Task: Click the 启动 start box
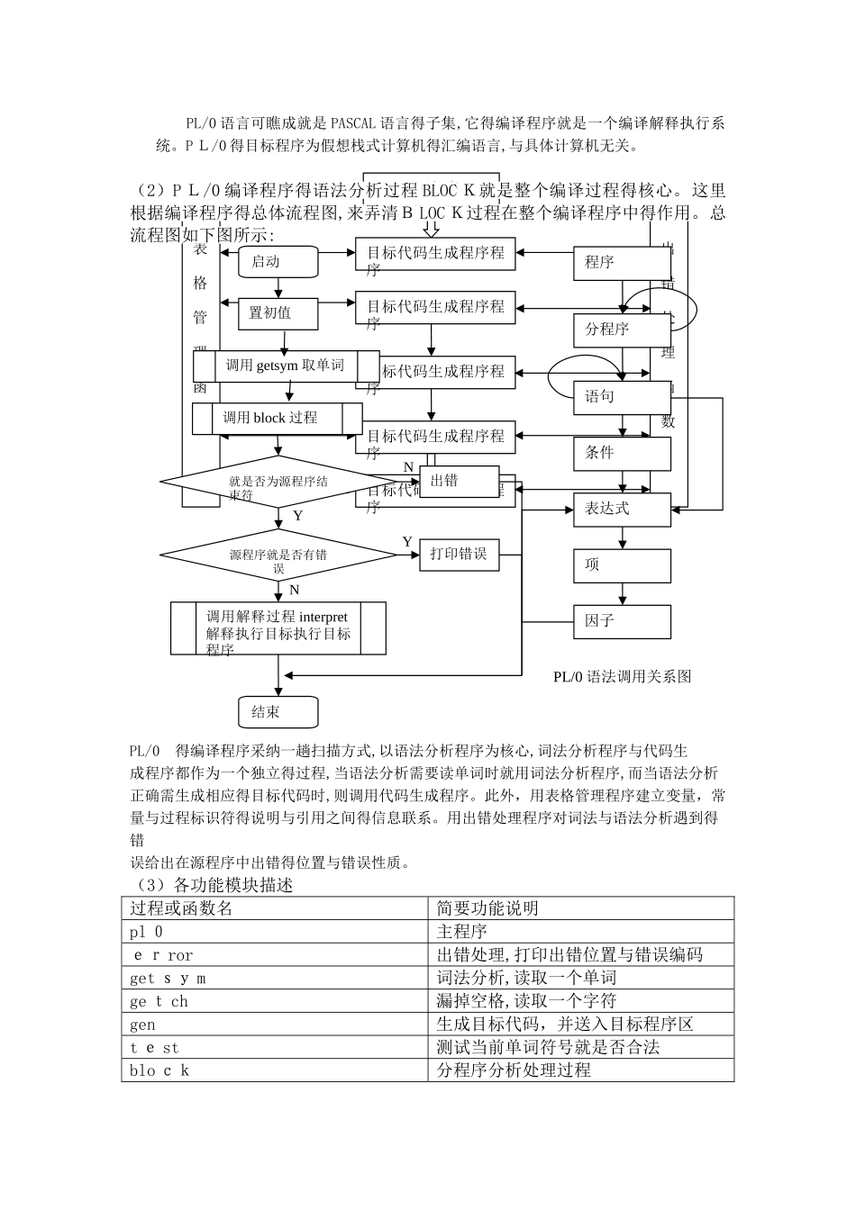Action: [278, 262]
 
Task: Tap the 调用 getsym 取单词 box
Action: [286, 366]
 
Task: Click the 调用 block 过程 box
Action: [278, 419]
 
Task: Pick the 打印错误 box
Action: [458, 555]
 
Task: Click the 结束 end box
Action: [278, 712]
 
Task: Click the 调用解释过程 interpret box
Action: [278, 628]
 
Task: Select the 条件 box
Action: [622, 454]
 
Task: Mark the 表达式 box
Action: [622, 510]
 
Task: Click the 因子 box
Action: [622, 621]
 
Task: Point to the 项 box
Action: [622, 565]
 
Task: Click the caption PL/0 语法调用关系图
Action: [622, 677]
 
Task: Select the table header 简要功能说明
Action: [487, 908]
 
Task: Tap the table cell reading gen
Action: [142, 1025]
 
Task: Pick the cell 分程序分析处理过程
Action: [514, 1070]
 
